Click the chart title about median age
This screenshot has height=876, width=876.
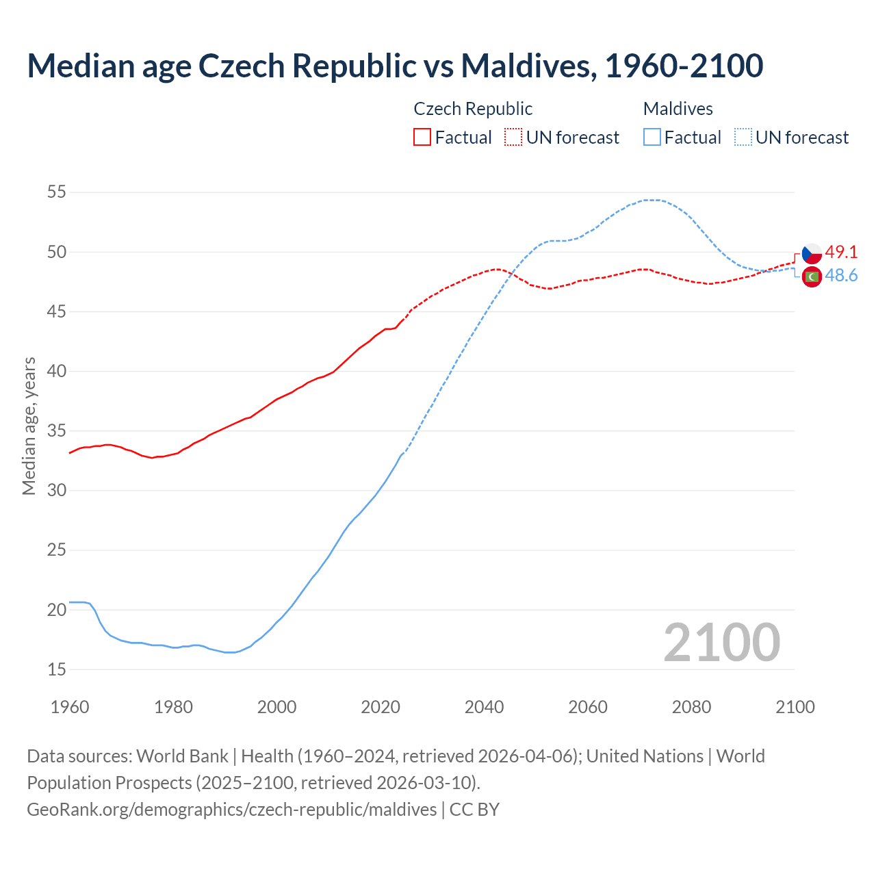tap(395, 66)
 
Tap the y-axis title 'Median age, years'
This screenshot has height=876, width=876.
tap(29, 426)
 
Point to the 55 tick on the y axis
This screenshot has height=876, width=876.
tap(57, 192)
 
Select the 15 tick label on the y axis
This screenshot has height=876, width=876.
tap(57, 669)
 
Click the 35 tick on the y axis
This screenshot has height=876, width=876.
tap(57, 431)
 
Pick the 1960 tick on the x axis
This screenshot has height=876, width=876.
tap(70, 707)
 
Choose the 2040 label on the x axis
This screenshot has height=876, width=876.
tap(484, 707)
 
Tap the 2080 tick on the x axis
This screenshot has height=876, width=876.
tap(691, 707)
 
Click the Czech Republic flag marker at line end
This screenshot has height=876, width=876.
tap(812, 253)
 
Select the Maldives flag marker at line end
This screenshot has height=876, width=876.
tap(812, 276)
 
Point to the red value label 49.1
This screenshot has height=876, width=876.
tap(841, 252)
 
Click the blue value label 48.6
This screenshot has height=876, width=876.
tap(841, 275)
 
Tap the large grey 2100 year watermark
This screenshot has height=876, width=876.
tap(721, 642)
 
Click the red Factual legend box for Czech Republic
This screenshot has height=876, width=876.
tap(422, 138)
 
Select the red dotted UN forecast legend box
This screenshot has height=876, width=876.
tap(513, 138)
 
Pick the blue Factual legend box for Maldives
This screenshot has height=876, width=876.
tap(652, 138)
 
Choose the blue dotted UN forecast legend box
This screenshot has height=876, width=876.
tap(743, 138)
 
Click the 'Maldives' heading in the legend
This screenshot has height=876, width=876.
tap(678, 109)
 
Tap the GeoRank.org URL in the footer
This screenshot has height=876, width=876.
tap(231, 810)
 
